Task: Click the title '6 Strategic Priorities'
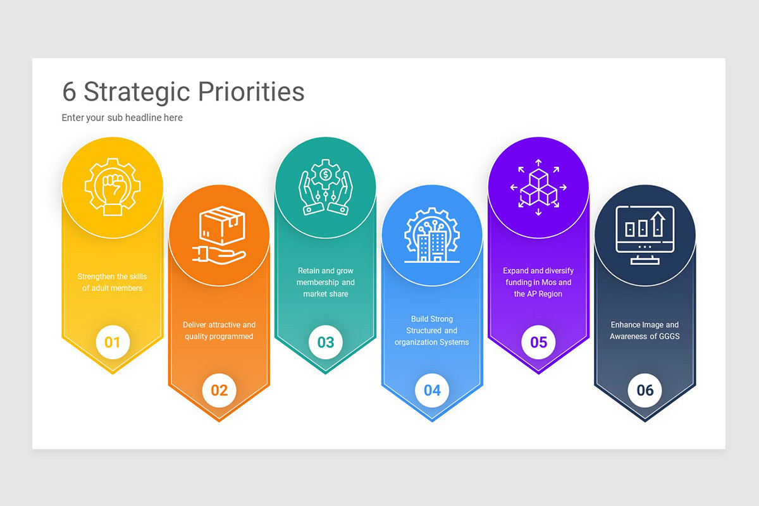click(x=183, y=92)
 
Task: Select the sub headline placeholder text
click(x=122, y=118)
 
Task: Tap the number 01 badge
click(x=113, y=343)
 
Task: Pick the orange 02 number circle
click(x=219, y=390)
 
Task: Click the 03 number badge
click(x=325, y=343)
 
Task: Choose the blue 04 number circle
click(x=432, y=390)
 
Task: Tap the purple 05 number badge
click(x=538, y=343)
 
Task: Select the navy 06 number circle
click(x=645, y=390)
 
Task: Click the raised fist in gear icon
click(x=113, y=187)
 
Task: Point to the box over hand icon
click(x=219, y=235)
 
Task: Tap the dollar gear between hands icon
click(x=325, y=187)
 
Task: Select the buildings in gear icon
click(x=432, y=235)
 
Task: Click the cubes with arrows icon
click(x=538, y=187)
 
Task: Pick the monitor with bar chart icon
click(x=645, y=235)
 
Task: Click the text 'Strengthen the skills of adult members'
click(x=113, y=282)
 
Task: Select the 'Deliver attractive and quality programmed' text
click(x=219, y=330)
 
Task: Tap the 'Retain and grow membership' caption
click(x=325, y=282)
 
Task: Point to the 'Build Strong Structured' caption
click(x=432, y=330)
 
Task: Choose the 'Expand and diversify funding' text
click(x=538, y=282)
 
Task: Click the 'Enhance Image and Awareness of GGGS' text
click(x=645, y=330)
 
